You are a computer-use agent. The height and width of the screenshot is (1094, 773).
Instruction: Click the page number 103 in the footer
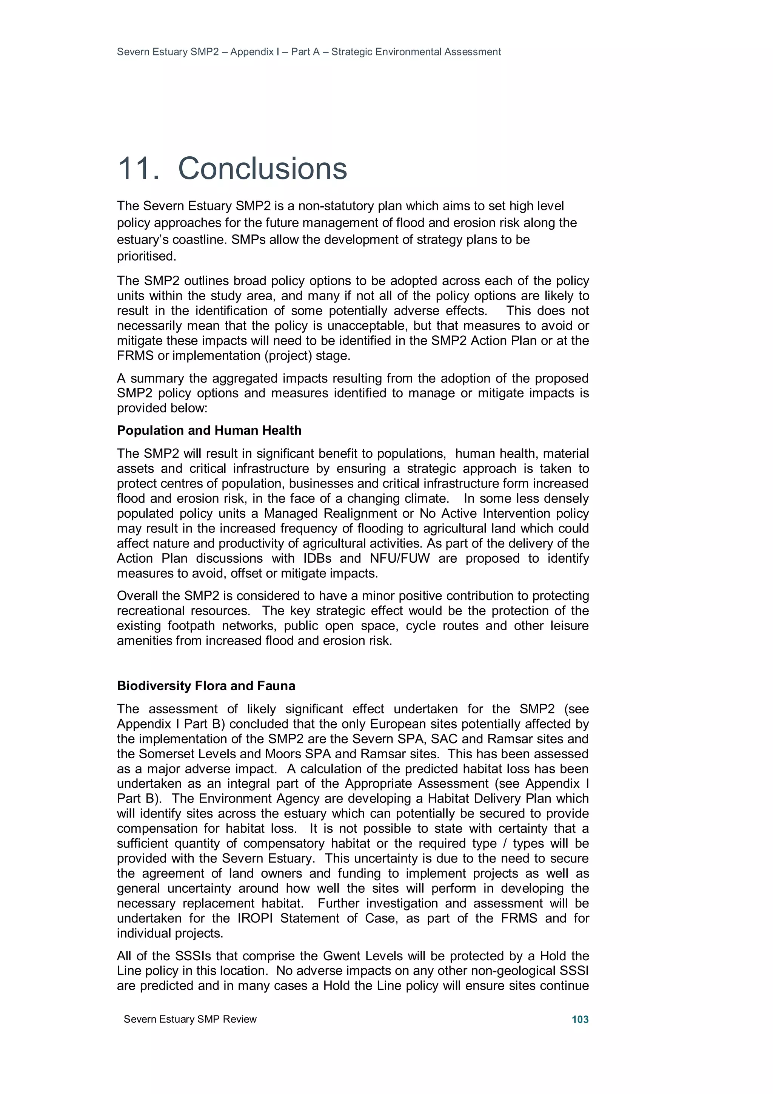click(x=580, y=1019)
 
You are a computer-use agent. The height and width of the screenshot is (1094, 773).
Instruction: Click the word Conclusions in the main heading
click(x=262, y=169)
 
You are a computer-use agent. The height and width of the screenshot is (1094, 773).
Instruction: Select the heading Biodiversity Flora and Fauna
click(x=206, y=686)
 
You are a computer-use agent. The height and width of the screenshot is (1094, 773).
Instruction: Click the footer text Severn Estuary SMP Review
click(x=190, y=1019)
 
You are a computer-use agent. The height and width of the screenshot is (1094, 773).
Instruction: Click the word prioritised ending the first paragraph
click(x=146, y=256)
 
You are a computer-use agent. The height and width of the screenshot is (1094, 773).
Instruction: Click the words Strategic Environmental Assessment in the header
click(x=416, y=52)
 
